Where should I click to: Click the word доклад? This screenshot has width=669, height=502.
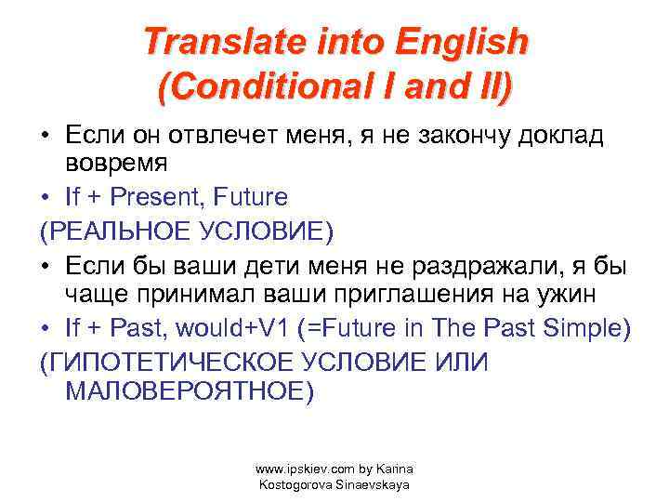564,137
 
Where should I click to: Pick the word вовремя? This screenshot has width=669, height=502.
115,166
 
